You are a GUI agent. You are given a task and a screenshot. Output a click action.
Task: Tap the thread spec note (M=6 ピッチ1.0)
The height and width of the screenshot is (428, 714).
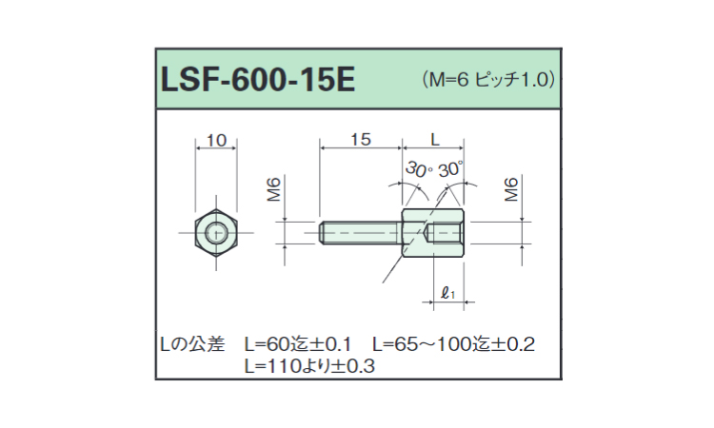pyautogui.click(x=487, y=79)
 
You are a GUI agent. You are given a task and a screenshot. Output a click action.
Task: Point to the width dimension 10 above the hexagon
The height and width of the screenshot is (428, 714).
pyautogui.click(x=216, y=141)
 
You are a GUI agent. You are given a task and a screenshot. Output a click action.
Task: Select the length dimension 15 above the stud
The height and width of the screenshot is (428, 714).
pyautogui.click(x=359, y=140)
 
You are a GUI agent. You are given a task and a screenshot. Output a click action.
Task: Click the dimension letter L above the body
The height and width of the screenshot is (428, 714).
pyautogui.click(x=435, y=140)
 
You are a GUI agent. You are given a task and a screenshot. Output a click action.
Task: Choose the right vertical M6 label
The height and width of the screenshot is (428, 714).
pyautogui.click(x=510, y=190)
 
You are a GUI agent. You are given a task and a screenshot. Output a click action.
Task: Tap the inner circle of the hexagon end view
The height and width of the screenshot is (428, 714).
pyautogui.click(x=216, y=231)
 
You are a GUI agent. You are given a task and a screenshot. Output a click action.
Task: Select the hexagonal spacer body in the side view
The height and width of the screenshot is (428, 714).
pyautogui.click(x=433, y=231)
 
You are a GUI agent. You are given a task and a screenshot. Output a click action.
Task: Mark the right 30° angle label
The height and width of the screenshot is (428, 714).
pyautogui.click(x=450, y=169)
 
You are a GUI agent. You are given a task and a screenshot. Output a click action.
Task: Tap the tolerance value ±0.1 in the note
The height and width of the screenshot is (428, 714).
pyautogui.click(x=334, y=343)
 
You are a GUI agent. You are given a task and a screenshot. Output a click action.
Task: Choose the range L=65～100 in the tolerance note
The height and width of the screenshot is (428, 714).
pyautogui.click(x=430, y=343)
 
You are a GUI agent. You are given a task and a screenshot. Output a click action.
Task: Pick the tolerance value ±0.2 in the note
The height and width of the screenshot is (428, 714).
pyautogui.click(x=515, y=343)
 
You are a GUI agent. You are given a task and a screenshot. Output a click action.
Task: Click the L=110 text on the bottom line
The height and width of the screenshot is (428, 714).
pyautogui.click(x=271, y=365)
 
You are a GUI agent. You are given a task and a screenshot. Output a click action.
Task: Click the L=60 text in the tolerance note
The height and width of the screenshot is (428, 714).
pyautogui.click(x=268, y=343)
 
